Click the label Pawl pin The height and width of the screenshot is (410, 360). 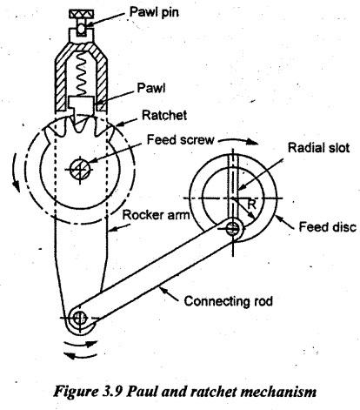coord(154,12)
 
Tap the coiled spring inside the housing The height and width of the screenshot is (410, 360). coord(82,77)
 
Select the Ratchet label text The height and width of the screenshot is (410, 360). coord(164,115)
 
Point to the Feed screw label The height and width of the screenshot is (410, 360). coord(180,139)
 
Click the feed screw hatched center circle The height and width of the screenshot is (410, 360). coord(80,169)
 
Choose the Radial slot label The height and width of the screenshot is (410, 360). coord(318,148)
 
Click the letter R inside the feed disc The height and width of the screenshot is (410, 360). coord(251,205)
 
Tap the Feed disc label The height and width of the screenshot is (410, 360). coord(328,227)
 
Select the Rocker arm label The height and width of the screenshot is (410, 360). coord(156,215)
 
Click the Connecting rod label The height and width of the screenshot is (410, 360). coord(229,301)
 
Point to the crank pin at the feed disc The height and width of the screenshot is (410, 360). coord(232,228)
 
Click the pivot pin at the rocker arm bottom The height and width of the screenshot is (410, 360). coord(78,319)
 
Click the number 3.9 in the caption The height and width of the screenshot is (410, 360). coord(112,392)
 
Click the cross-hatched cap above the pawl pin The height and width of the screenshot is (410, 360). coord(81,13)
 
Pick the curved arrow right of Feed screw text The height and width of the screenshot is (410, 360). coord(237,141)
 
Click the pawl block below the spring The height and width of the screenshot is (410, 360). coord(82,106)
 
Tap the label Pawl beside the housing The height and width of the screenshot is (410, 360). coord(151,88)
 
